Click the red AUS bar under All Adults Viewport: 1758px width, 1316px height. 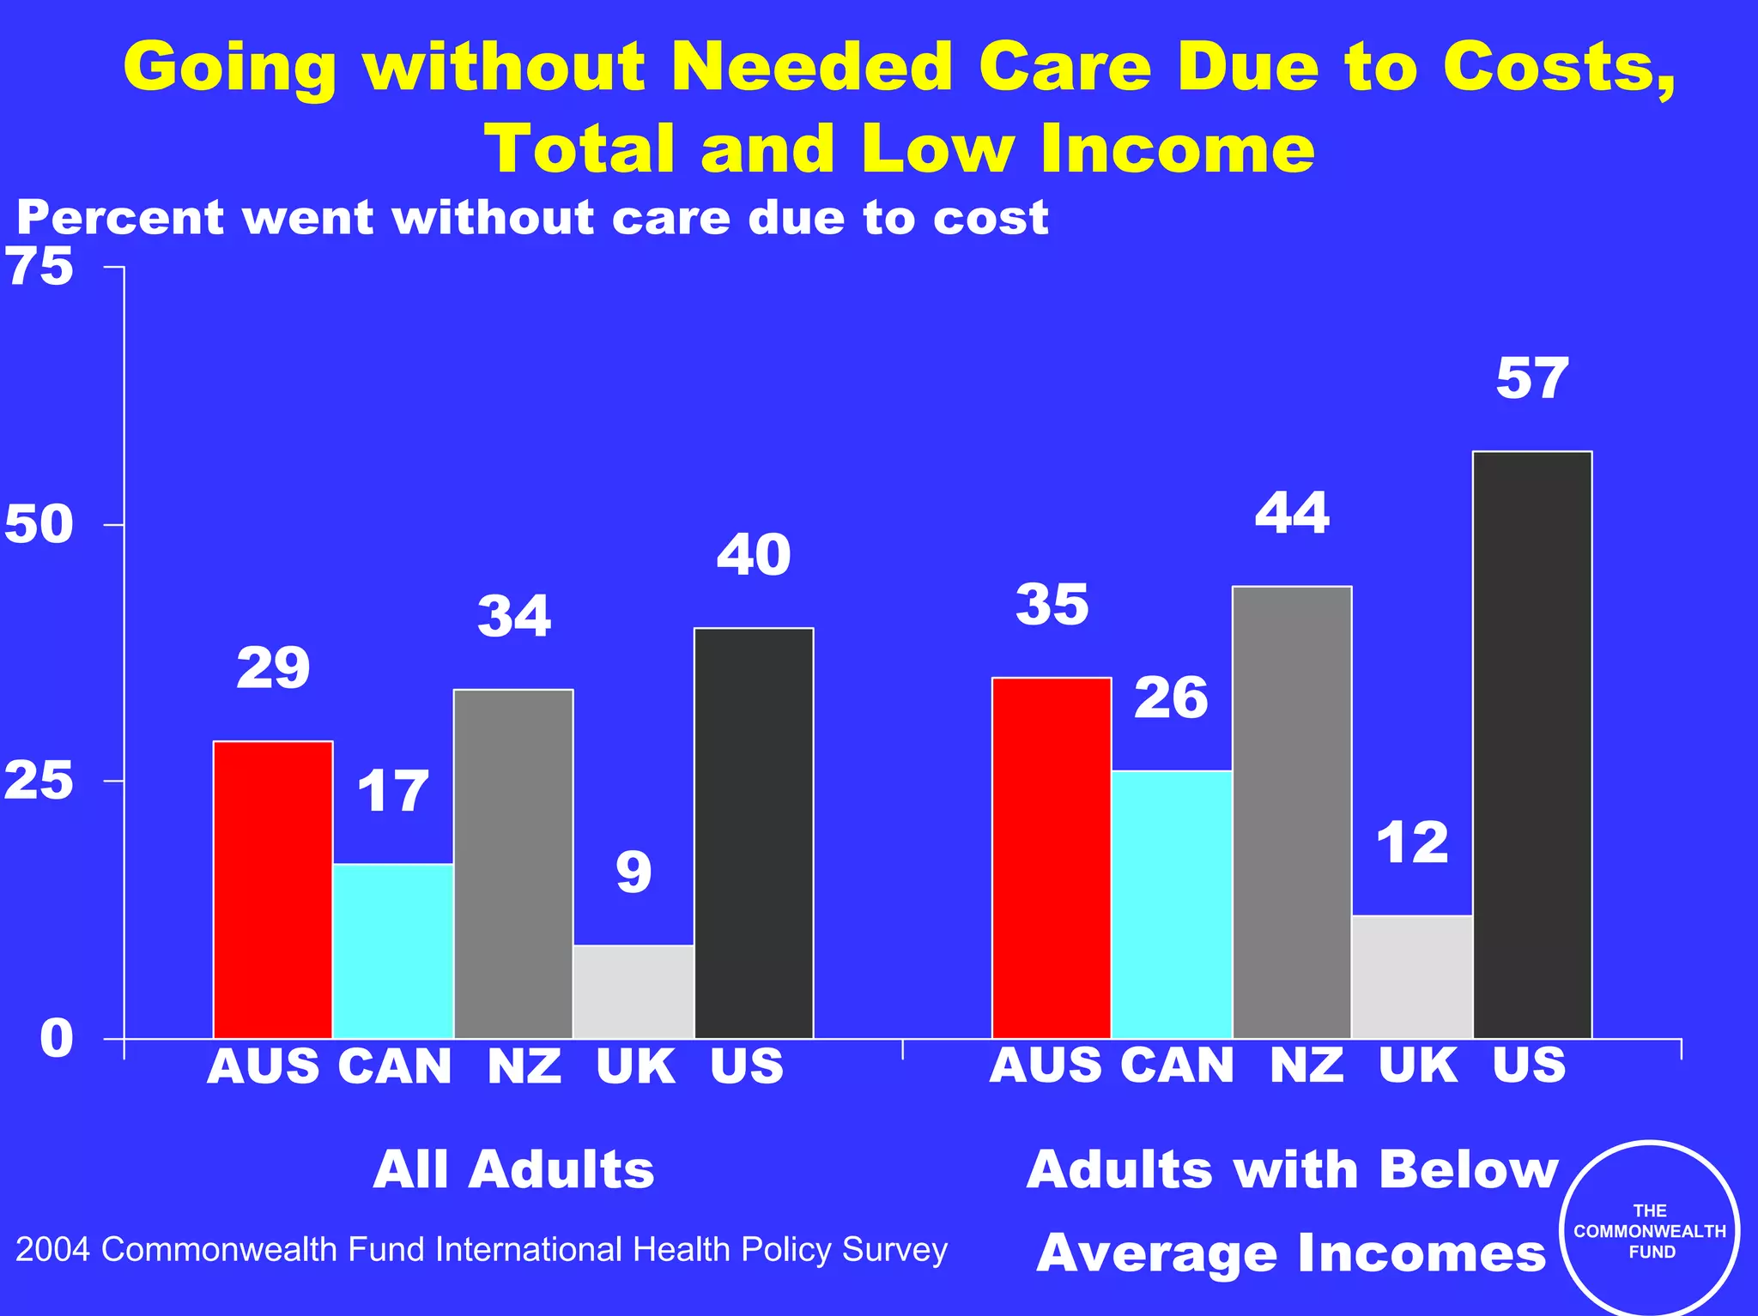pyautogui.click(x=273, y=890)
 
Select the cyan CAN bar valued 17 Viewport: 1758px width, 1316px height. pyautogui.click(x=393, y=951)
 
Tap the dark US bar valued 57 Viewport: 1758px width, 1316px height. pyautogui.click(x=1532, y=745)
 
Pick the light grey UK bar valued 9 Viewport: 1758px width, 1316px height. pyautogui.click(x=633, y=991)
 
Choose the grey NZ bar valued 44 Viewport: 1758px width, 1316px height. pyautogui.click(x=1292, y=812)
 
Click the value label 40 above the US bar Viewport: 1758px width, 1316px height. pyautogui.click(x=754, y=555)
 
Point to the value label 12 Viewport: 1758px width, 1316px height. pyautogui.click(x=1412, y=843)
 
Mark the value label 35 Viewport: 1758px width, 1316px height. pyautogui.click(x=1052, y=605)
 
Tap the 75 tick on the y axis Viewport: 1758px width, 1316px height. pyautogui.click(x=39, y=267)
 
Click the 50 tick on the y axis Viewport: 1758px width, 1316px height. pyautogui.click(x=39, y=524)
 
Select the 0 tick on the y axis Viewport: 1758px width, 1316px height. pyautogui.click(x=57, y=1038)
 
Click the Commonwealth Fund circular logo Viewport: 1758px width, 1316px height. pyautogui.click(x=1649, y=1231)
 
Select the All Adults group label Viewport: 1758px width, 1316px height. pyautogui.click(x=513, y=1169)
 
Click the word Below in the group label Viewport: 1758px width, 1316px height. pyautogui.click(x=1468, y=1169)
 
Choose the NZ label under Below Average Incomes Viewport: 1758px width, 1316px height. pyautogui.click(x=1306, y=1065)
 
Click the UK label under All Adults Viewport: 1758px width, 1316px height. pyautogui.click(x=636, y=1066)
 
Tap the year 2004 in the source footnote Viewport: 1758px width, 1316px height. pyautogui.click(x=52, y=1250)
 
